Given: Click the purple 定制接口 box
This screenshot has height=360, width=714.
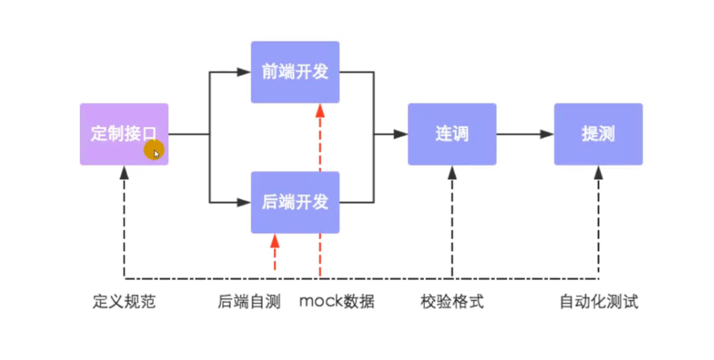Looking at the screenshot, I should [123, 134].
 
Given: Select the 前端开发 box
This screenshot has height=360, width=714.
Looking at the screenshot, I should [295, 72].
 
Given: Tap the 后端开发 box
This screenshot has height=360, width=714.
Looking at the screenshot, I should [295, 202].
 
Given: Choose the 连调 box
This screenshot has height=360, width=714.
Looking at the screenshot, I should [452, 134].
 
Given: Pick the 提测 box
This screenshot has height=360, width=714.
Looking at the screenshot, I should [598, 134].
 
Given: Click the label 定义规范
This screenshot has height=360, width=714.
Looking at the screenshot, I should [124, 302].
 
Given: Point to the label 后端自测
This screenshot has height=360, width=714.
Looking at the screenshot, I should [249, 302].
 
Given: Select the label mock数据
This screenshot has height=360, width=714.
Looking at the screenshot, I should [337, 302].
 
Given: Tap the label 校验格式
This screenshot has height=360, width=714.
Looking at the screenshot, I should [452, 302].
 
